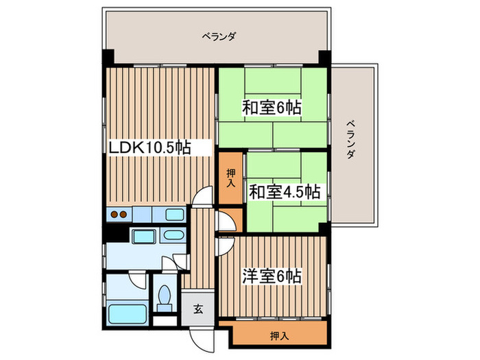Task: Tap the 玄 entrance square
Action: point(197,308)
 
